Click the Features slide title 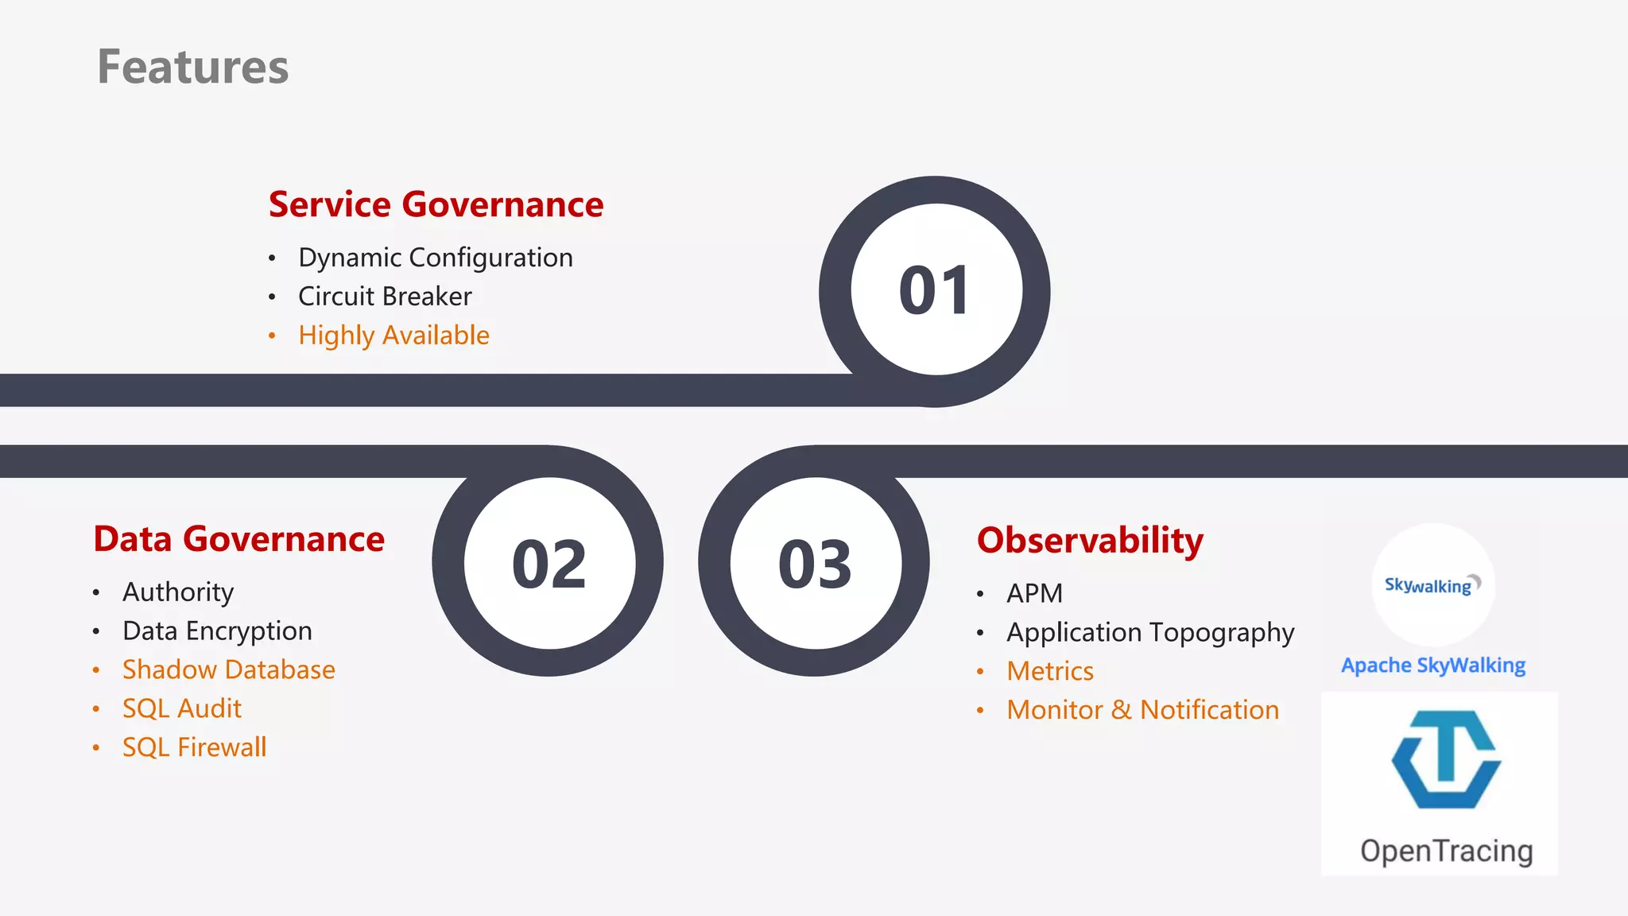pos(193,67)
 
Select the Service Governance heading pos(436,204)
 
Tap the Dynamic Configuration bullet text pos(435,258)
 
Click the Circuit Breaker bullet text pos(385,297)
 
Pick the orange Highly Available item pos(393,336)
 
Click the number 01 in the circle pos(935,291)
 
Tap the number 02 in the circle pos(549,565)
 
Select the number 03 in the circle pos(815,565)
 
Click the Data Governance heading pos(238,539)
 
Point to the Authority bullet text pos(178,592)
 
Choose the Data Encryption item pos(217,631)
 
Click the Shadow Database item pos(228,670)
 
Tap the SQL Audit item pos(181,708)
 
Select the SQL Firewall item pos(194,747)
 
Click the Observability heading pos(1090,541)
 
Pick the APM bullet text pos(1034,594)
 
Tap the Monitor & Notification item pos(1142,710)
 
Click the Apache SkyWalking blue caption pos(1433,666)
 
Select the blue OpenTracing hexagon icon pos(1446,759)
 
